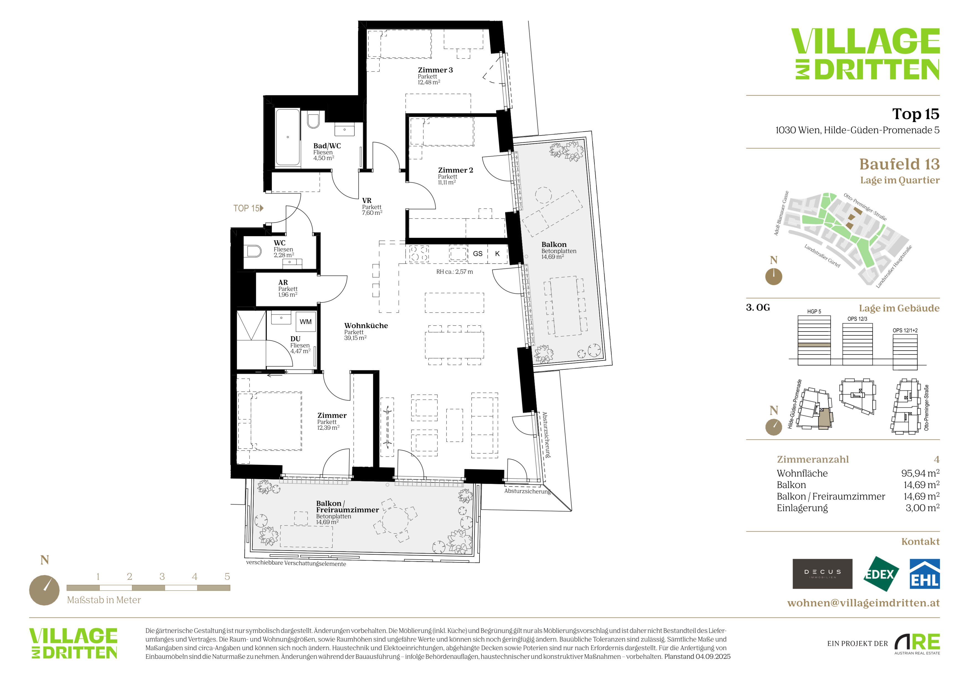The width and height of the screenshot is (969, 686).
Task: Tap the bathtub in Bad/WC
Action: tap(288, 137)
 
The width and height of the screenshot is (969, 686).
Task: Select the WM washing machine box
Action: tap(306, 322)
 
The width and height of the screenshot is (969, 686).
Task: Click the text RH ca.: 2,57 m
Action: tap(455, 272)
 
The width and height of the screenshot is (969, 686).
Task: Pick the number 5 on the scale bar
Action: tap(227, 577)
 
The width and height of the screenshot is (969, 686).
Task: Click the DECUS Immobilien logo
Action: tap(822, 574)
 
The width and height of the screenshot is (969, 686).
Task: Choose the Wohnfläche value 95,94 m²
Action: tap(920, 473)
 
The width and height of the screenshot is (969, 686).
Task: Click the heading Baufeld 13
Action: tap(899, 164)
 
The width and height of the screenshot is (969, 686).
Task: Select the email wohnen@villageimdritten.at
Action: tap(864, 603)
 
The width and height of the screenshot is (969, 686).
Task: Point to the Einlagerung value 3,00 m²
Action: tap(922, 508)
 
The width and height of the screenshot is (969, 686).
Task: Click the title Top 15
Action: tap(916, 114)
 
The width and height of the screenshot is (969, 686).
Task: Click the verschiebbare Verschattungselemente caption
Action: tap(296, 563)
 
